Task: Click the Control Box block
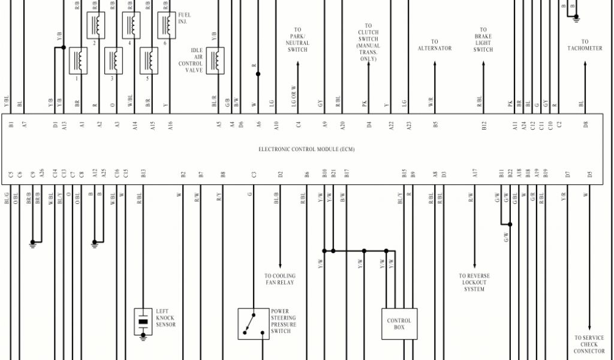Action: coord(399,324)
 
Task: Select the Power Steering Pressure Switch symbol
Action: coord(253,324)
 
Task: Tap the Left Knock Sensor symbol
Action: coord(143,322)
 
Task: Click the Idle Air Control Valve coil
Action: coord(215,61)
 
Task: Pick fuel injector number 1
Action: coord(78,61)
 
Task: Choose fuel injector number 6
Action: coord(166,25)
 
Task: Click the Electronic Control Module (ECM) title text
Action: coord(306,149)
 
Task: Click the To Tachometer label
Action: coord(585,45)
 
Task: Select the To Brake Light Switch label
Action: coord(483,40)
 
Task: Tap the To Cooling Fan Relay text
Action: coord(280,279)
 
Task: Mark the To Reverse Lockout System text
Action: coord(474,283)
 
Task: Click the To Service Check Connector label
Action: coord(589,344)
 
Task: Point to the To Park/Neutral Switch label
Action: coord(297,40)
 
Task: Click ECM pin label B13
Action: coord(143,174)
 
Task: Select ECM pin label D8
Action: coord(585,124)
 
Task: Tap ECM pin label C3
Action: coord(254,174)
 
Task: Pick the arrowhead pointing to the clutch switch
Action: coord(368,64)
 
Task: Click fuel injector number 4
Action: coord(131,25)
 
